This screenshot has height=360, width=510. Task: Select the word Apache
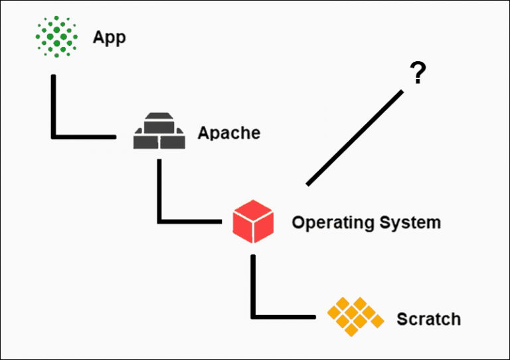(228, 133)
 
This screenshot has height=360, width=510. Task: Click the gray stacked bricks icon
(157, 131)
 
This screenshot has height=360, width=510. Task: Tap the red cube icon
(253, 221)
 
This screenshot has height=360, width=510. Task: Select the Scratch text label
(428, 319)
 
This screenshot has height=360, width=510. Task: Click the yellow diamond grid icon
(355, 314)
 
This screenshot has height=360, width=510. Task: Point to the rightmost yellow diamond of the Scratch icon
(377, 321)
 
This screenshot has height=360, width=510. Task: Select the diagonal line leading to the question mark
(354, 137)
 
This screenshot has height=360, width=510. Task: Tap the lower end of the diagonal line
(308, 183)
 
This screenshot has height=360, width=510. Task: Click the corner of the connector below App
(54, 137)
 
